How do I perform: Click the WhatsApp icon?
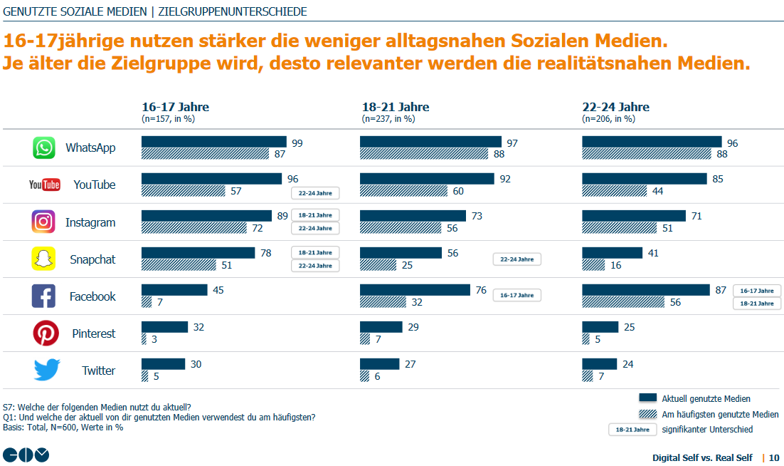point(43,147)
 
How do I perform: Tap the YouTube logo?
point(44,185)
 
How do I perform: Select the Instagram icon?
point(43,222)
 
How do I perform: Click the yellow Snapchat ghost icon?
point(43,259)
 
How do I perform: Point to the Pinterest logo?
point(45,333)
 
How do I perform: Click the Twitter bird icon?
point(47,371)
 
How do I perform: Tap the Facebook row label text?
point(92,296)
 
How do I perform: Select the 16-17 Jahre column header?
point(175,108)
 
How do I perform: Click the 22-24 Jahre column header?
point(615,108)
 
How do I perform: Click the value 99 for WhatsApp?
point(297,143)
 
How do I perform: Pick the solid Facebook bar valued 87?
point(645,290)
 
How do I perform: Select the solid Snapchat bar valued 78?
point(198,253)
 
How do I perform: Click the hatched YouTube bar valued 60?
point(403,191)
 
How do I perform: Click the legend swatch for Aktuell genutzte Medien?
point(647,398)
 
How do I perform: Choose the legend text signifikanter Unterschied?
point(707,430)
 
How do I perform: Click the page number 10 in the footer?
point(773,457)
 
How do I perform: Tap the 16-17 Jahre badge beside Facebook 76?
point(517,295)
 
